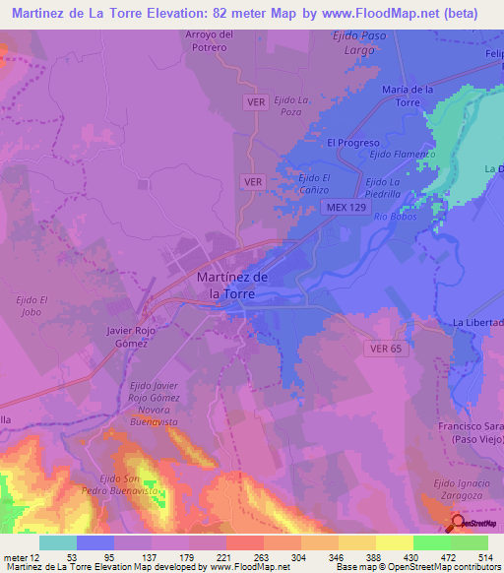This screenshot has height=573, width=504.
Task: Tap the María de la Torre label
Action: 408,95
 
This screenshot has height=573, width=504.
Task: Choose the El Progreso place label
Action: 352,142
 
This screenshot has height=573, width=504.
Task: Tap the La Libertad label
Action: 477,323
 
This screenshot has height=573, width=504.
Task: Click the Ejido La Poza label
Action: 292,106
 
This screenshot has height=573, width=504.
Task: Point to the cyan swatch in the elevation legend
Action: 58,542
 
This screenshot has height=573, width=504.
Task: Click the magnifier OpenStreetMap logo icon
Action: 458,524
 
